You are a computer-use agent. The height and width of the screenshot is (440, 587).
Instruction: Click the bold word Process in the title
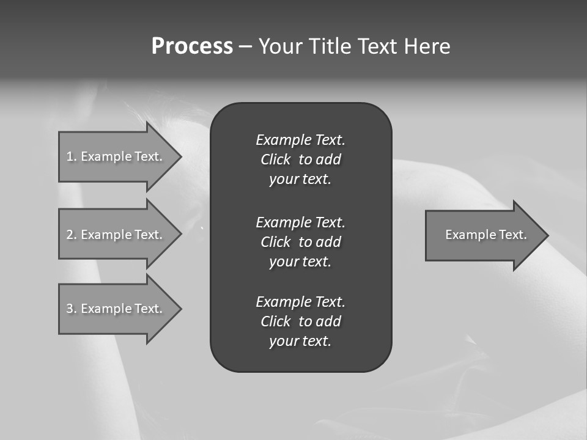click(192, 46)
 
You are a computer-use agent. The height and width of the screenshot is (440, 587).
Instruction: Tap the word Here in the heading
click(427, 46)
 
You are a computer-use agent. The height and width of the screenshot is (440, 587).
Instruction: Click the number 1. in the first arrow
click(71, 156)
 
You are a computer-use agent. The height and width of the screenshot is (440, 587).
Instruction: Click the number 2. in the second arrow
click(71, 235)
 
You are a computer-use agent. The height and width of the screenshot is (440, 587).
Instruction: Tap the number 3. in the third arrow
click(71, 309)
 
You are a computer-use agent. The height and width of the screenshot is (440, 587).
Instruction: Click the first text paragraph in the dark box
click(300, 159)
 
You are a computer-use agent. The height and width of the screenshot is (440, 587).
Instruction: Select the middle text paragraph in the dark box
click(300, 242)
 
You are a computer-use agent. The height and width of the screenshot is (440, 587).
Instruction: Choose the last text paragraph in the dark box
click(300, 321)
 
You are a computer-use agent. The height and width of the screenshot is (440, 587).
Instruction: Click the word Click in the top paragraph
click(275, 159)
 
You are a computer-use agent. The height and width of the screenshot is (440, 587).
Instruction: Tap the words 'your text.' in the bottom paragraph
click(300, 342)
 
